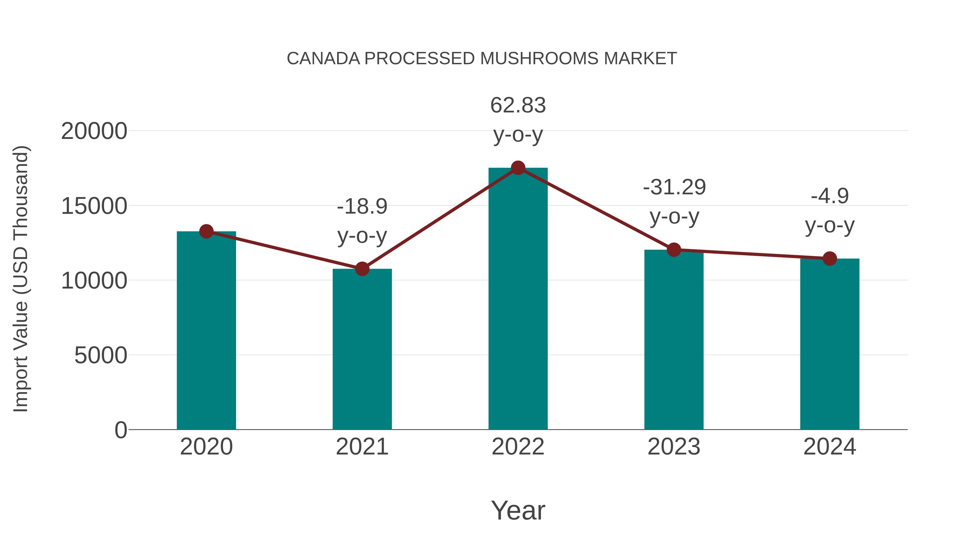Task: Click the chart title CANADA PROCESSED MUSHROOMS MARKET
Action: pyautogui.click(x=482, y=59)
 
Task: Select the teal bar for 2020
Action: pyautogui.click(x=206, y=331)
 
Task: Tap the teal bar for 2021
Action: pyautogui.click(x=362, y=350)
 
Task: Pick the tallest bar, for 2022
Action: pyautogui.click(x=518, y=299)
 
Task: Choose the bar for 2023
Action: pyautogui.click(x=674, y=340)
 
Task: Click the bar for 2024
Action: pyautogui.click(x=830, y=344)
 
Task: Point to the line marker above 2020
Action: pyautogui.click(x=206, y=232)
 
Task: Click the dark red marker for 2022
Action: pyautogui.click(x=518, y=168)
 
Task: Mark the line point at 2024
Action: pyautogui.click(x=830, y=259)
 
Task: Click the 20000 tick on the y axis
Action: pyautogui.click(x=94, y=131)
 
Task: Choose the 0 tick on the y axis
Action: pyautogui.click(x=120, y=430)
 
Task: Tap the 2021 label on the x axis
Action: pyautogui.click(x=362, y=447)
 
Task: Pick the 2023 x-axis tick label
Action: pyautogui.click(x=674, y=447)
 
